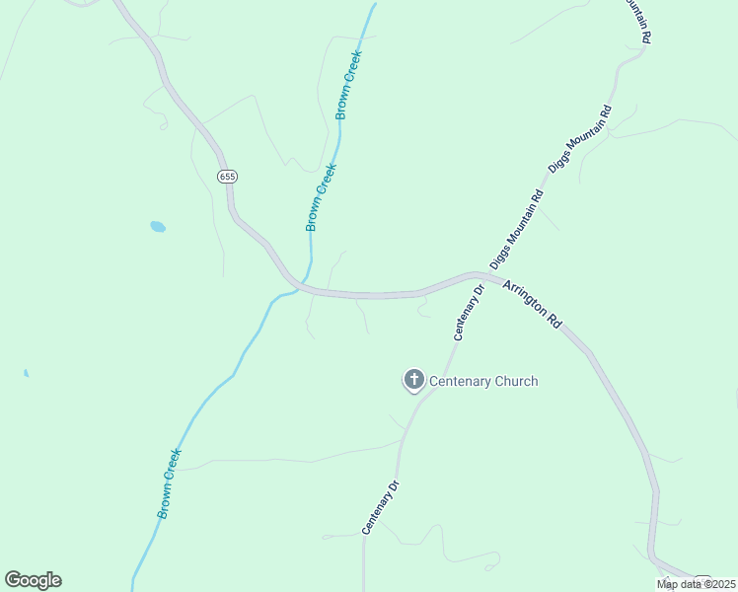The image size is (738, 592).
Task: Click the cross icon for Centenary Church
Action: [x=413, y=380]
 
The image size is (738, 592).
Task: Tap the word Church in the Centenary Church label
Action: [x=514, y=381]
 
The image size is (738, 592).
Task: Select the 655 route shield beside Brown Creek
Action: [x=228, y=177]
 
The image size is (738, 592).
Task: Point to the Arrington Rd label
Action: [x=533, y=305]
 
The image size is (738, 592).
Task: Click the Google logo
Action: [x=33, y=580]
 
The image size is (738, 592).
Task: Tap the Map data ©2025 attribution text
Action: [x=696, y=584]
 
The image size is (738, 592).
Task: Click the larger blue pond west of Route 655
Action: [x=158, y=227]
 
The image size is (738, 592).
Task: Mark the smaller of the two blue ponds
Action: [x=26, y=373]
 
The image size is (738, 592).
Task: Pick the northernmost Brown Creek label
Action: [x=348, y=85]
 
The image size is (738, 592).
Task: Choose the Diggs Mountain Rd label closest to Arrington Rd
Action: [x=517, y=228]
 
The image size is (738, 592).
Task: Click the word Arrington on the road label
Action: [x=525, y=299]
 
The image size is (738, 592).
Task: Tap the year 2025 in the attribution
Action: [x=719, y=584]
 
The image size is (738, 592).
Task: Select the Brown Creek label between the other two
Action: [x=321, y=197]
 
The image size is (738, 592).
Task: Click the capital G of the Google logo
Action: [x=13, y=580]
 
